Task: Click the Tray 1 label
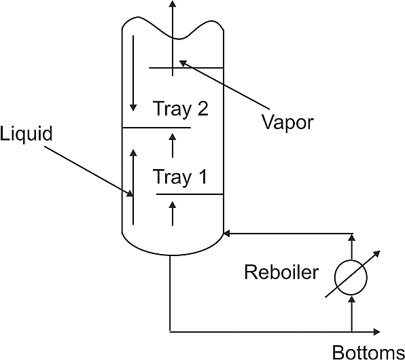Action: [180, 177]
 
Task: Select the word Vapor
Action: [287, 122]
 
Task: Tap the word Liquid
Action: [26, 134]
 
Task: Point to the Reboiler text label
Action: [281, 272]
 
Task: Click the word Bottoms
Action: [368, 353]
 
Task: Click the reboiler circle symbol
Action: [351, 277]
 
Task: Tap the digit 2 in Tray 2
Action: [202, 109]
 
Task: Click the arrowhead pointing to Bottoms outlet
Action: [377, 332]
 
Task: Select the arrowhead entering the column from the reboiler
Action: [226, 234]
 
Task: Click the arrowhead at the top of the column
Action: [173, 3]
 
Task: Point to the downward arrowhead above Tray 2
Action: [133, 107]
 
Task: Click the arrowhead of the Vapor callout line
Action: [183, 62]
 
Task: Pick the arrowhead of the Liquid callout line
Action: [130, 193]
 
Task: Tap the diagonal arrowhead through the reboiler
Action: [377, 253]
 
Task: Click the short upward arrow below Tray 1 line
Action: [173, 213]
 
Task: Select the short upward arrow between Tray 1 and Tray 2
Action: [173, 145]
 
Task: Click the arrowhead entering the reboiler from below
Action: [351, 299]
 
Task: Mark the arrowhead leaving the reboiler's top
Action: [351, 237]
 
